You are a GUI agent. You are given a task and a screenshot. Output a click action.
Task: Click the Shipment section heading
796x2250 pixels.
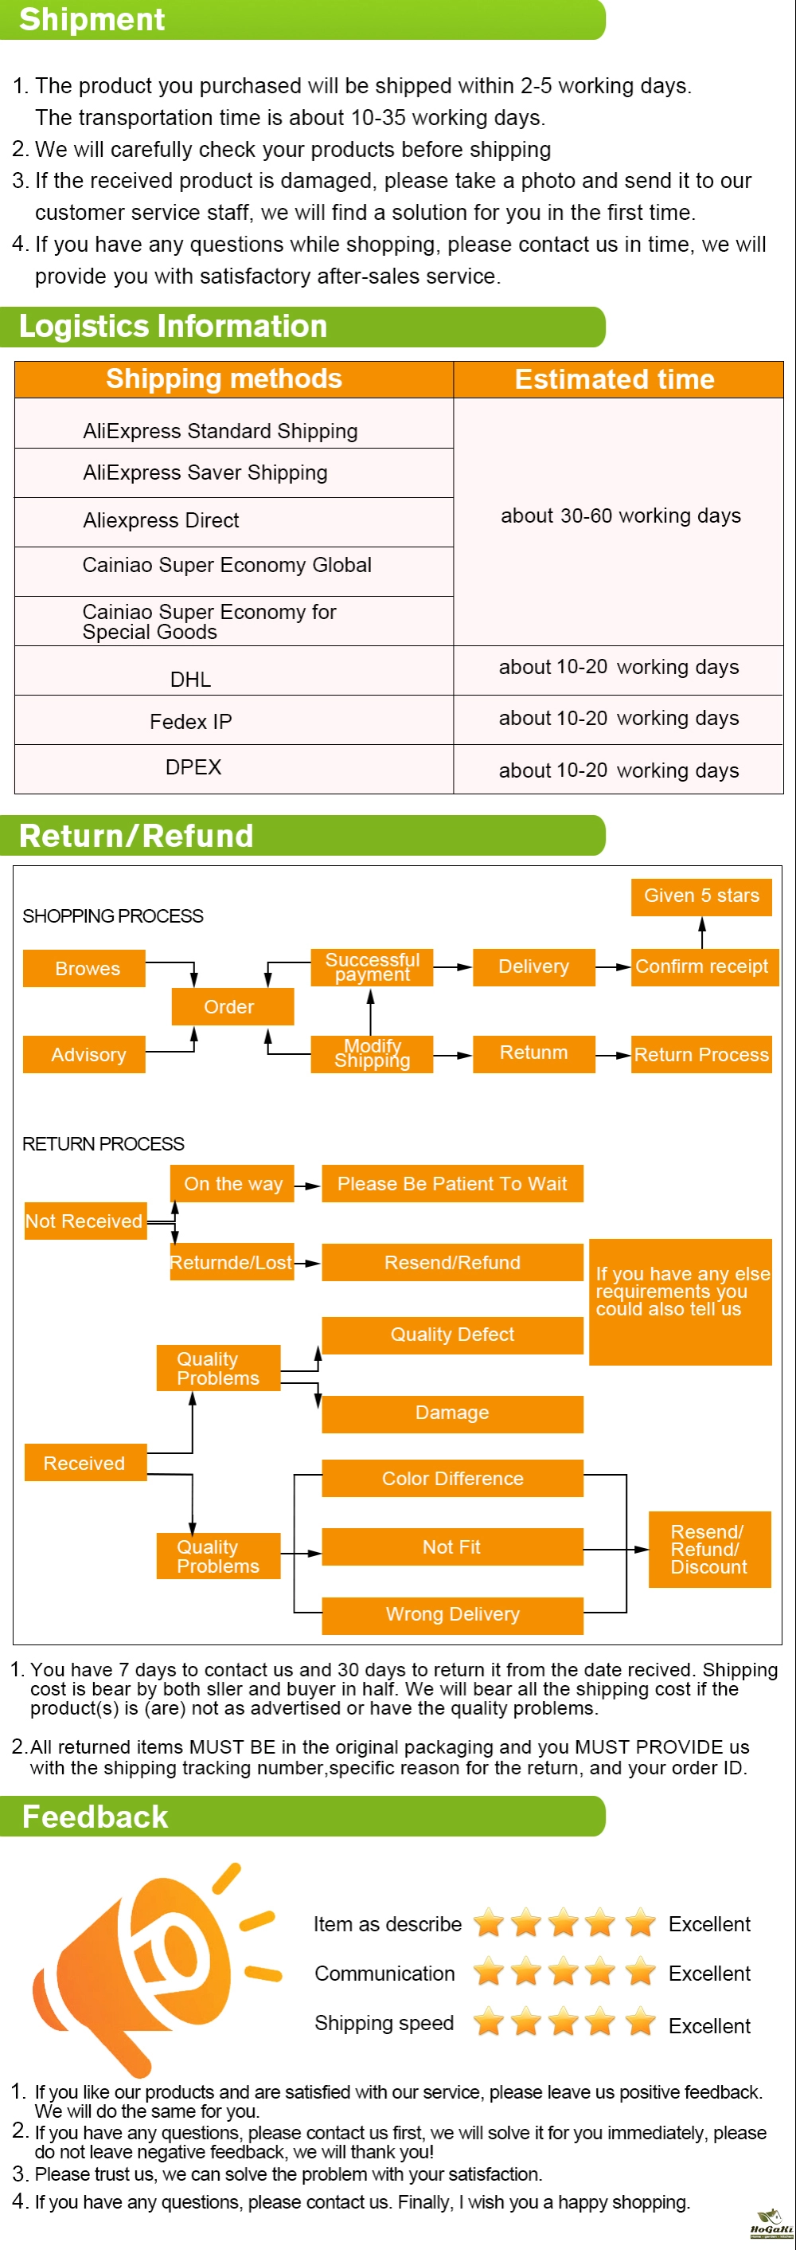pyautogui.click(x=92, y=19)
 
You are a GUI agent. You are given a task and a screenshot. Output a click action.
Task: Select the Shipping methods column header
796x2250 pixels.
pyautogui.click(x=224, y=379)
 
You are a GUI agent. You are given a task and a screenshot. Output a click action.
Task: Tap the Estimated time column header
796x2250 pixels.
pyautogui.click(x=615, y=379)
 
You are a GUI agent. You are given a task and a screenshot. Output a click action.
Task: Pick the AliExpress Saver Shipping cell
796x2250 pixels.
pyautogui.click(x=205, y=472)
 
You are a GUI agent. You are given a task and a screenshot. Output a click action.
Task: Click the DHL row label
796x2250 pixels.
pyautogui.click(x=190, y=679)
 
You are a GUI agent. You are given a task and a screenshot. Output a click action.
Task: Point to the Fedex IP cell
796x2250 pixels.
pyautogui.click(x=190, y=722)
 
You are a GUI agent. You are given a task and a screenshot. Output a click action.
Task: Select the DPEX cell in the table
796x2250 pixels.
pyautogui.click(x=193, y=767)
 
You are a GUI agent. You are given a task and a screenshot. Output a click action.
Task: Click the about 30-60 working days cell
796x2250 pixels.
pyautogui.click(x=621, y=516)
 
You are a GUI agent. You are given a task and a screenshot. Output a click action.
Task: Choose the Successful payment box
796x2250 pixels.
pyautogui.click(x=372, y=967)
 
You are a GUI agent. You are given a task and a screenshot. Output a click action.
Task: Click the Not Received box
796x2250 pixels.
pyautogui.click(x=84, y=1221)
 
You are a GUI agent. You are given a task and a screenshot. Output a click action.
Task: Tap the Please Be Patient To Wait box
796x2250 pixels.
pyautogui.click(x=452, y=1183)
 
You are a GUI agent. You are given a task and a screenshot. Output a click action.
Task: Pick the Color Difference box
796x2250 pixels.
pyautogui.click(x=452, y=1478)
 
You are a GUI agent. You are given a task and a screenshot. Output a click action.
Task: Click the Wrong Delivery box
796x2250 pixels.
pyautogui.click(x=452, y=1615)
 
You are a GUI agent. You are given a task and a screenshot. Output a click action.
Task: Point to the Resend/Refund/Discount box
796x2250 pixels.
pyautogui.click(x=709, y=1549)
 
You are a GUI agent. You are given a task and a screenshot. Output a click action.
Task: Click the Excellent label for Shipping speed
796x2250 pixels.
pyautogui.click(x=708, y=2025)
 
